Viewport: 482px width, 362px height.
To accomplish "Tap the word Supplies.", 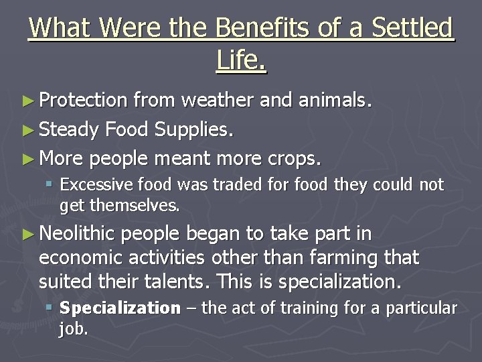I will point(195,130).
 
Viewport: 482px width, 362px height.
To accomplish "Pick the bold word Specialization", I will point(120,308).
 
